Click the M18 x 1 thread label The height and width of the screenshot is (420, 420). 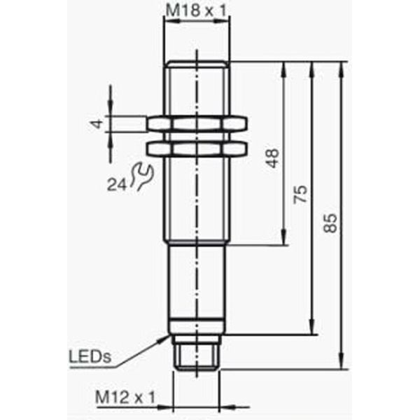pyautogui.click(x=197, y=10)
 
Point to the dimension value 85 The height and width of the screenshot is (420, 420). pyautogui.click(x=332, y=223)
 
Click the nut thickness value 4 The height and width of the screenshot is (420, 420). pyautogui.click(x=98, y=124)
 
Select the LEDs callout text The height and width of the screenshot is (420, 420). pyautogui.click(x=90, y=357)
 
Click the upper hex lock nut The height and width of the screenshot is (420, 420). pyautogui.click(x=197, y=124)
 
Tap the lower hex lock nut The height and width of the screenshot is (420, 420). pyautogui.click(x=197, y=148)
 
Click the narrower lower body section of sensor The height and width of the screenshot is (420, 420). pyautogui.click(x=197, y=287)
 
